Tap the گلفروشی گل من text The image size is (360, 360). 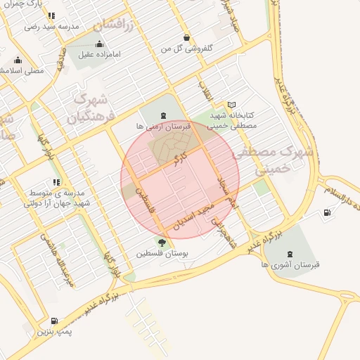pos(186,49)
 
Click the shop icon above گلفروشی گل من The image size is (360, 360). pos(186,37)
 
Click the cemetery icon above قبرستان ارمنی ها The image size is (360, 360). pos(164,115)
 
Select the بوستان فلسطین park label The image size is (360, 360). pos(162,254)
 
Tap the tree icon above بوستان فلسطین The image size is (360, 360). pos(162,243)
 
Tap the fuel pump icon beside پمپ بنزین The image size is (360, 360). pos(55,321)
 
